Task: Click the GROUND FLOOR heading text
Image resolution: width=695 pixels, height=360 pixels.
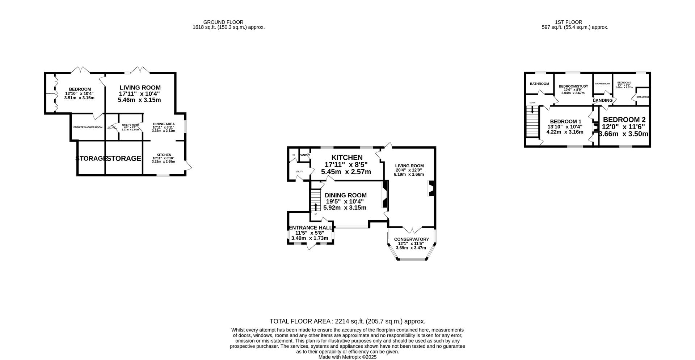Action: click(223, 22)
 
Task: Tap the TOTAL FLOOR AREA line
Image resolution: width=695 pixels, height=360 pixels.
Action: click(347, 321)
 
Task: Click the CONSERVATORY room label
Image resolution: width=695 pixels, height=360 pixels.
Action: click(411, 239)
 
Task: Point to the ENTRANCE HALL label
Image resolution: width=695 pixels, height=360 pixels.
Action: click(310, 228)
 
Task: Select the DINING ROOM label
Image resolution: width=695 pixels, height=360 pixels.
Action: click(345, 196)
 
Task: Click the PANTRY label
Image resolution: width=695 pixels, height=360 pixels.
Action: click(304, 155)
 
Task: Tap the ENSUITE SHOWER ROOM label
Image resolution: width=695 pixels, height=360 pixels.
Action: click(88, 127)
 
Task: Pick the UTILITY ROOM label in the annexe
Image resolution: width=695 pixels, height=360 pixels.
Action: click(130, 125)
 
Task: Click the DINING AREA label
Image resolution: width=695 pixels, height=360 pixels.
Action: click(164, 124)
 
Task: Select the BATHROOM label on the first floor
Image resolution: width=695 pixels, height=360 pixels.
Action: click(539, 84)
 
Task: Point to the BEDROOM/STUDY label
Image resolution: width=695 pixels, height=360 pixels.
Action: click(573, 87)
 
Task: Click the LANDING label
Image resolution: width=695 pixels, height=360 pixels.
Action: click(603, 100)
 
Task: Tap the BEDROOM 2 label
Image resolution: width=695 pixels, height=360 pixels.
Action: click(624, 120)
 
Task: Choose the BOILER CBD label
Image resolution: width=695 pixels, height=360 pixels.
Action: click(643, 97)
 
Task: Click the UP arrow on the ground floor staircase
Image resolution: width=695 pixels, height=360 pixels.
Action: click(316, 207)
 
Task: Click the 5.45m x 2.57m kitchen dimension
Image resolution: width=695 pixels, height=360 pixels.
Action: click(346, 172)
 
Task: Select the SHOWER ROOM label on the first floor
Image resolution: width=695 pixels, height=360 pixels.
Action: click(603, 84)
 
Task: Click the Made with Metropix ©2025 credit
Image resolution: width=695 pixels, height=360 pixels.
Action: click(347, 357)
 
